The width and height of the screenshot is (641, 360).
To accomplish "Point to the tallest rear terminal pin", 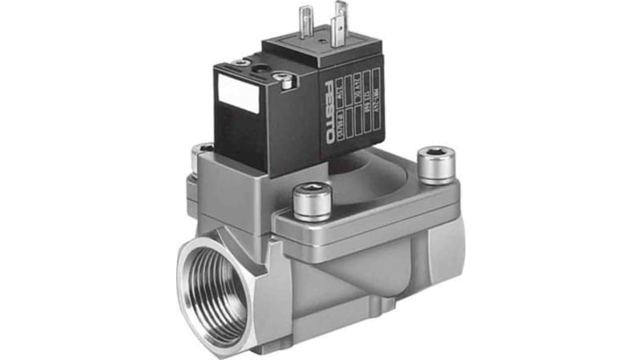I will click(341, 16).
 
